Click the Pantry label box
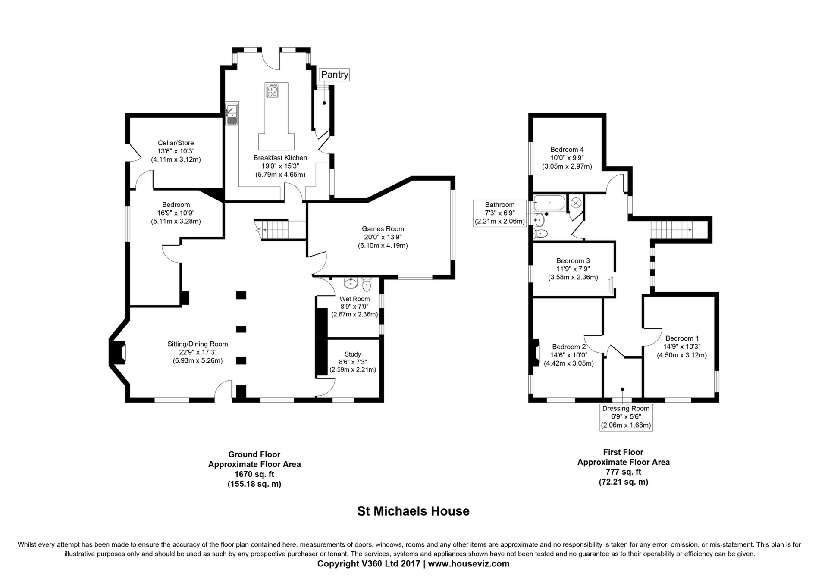point(334,75)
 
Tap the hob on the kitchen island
point(272,91)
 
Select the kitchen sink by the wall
point(232,114)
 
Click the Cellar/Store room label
point(176,143)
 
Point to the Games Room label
point(383,229)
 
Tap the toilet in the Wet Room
point(367,284)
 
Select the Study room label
point(353,354)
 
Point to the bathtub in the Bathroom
point(549,203)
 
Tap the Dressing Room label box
point(626,417)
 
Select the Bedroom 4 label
point(567,150)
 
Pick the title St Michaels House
point(413,511)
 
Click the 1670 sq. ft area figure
point(254,474)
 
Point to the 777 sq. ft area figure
point(623,472)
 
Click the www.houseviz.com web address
point(469,563)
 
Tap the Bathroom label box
point(500,213)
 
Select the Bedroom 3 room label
point(573,260)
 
